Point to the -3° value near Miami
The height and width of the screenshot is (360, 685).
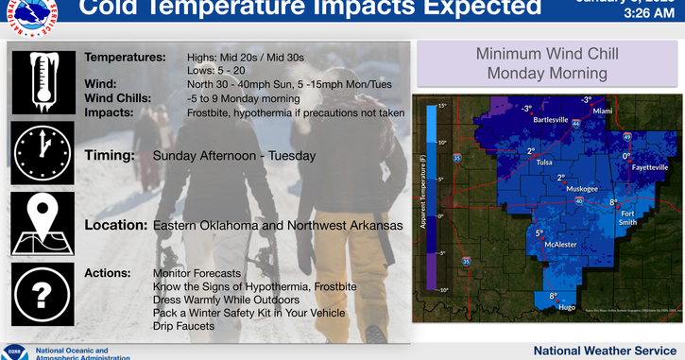(x=586, y=99)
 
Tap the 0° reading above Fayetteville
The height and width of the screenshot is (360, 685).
(x=625, y=156)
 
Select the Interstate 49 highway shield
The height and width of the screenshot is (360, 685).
(x=626, y=137)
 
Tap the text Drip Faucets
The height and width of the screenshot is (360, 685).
(x=183, y=325)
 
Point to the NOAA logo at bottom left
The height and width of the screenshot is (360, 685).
(x=14, y=351)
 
